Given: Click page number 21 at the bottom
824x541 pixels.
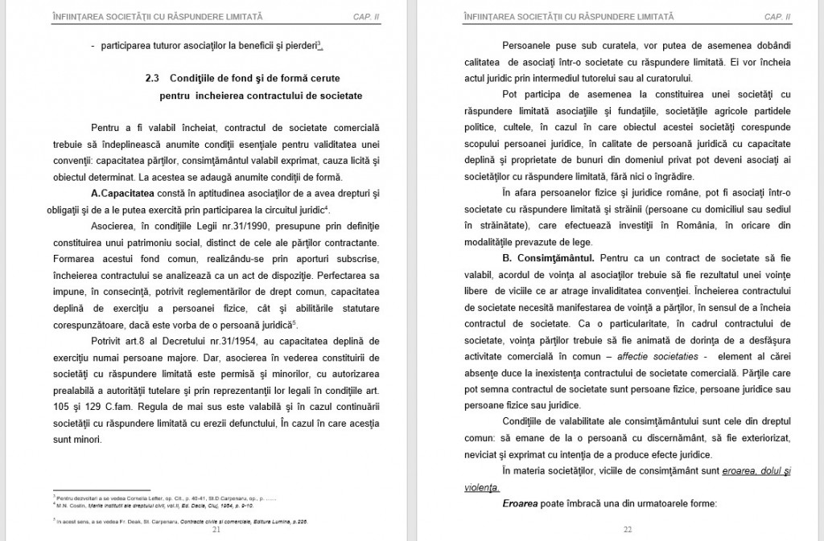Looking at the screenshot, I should point(216,530).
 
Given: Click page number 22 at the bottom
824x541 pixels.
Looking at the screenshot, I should point(628,530).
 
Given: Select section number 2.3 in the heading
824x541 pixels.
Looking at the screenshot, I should point(153,79).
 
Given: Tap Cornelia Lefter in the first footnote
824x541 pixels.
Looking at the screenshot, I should point(127,498).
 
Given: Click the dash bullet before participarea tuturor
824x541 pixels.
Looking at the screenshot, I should point(93,45).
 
